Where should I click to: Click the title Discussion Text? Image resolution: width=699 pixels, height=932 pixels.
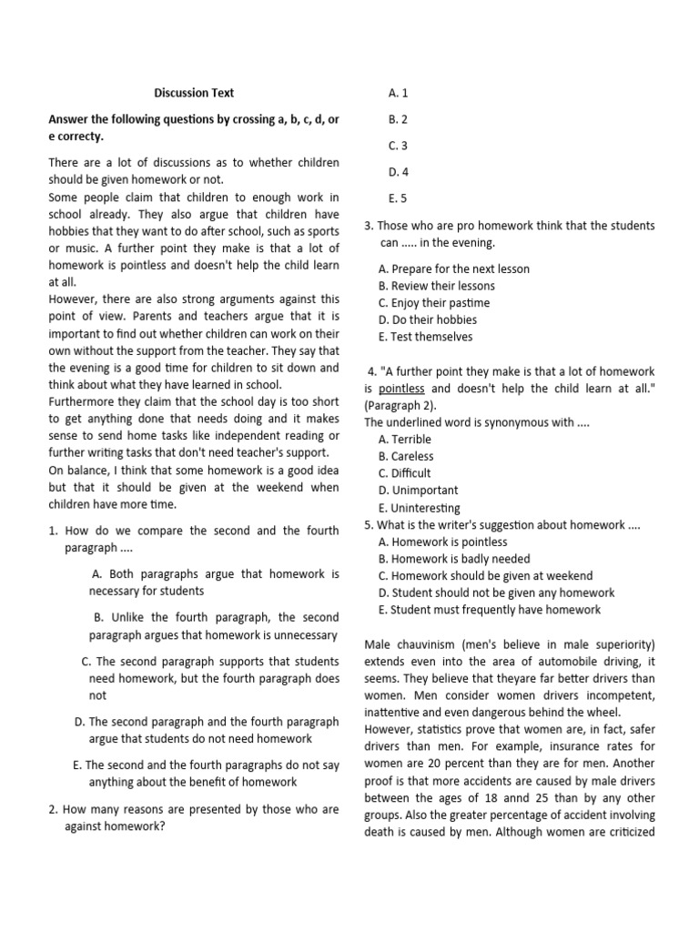[x=193, y=93]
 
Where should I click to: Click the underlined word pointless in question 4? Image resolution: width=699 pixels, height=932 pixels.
[x=401, y=389]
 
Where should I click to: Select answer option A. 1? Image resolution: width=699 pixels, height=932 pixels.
[x=398, y=93]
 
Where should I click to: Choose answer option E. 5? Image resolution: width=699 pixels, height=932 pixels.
[x=398, y=198]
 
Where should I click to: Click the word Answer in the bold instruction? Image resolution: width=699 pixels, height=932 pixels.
[x=69, y=120]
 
